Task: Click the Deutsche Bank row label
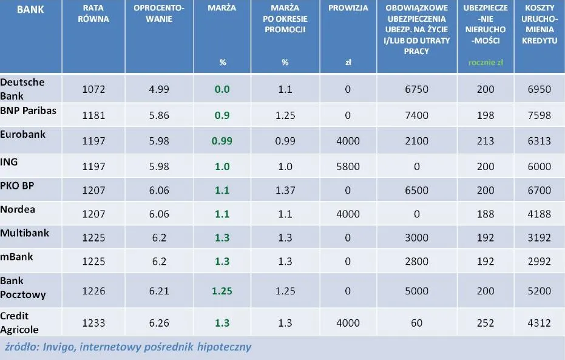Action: pyautogui.click(x=22, y=89)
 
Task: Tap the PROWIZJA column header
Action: pyautogui.click(x=348, y=8)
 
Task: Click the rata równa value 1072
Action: pyautogui.click(x=93, y=89)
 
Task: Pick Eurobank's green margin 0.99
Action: pyautogui.click(x=222, y=141)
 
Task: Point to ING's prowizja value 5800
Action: pyautogui.click(x=348, y=166)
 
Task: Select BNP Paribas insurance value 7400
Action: pyautogui.click(x=416, y=115)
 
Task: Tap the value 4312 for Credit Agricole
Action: pyautogui.click(x=539, y=323)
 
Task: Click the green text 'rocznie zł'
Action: pyautogui.click(x=485, y=62)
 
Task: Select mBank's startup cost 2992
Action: pyautogui.click(x=539, y=262)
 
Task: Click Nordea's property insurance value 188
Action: pyautogui.click(x=485, y=214)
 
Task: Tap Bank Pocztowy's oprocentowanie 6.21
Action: pyautogui.click(x=159, y=290)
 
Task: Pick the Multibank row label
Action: pyautogui.click(x=25, y=233)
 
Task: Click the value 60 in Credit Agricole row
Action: pyautogui.click(x=416, y=323)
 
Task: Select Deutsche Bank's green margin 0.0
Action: pyautogui.click(x=222, y=89)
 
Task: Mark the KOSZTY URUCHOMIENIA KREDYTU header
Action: pyautogui.click(x=539, y=24)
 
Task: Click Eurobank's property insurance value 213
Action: pyautogui.click(x=485, y=141)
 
